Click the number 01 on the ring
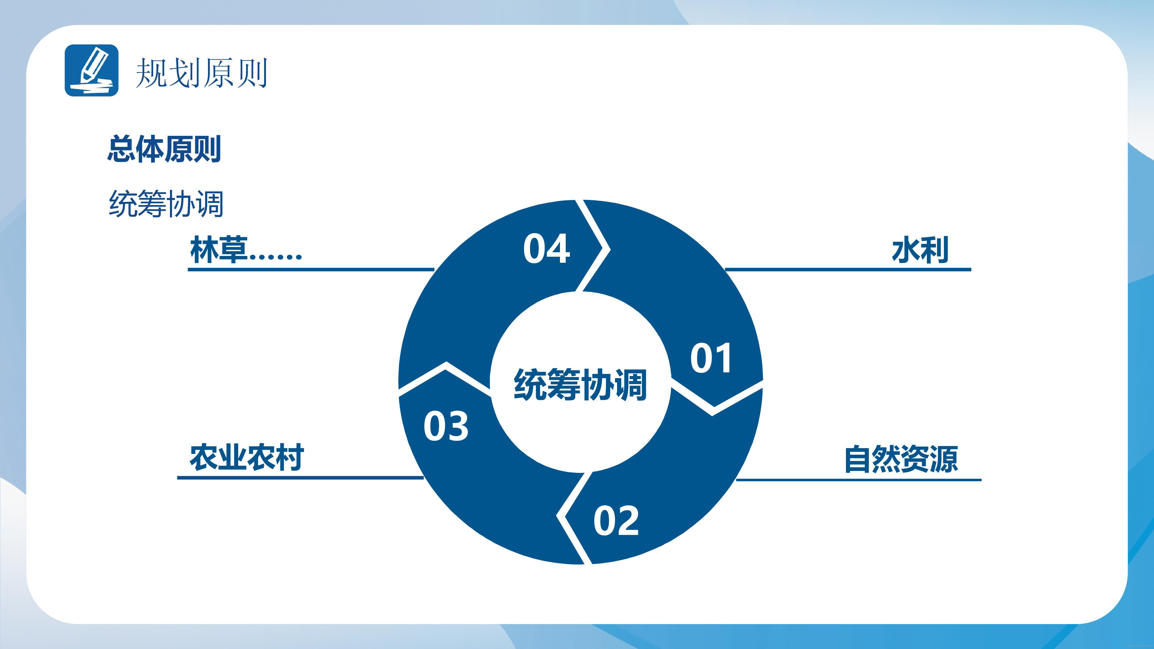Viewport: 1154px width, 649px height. [x=711, y=358]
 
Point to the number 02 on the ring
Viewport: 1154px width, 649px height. [x=616, y=521]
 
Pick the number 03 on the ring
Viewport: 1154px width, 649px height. [x=446, y=426]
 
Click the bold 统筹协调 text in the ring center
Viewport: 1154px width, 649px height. [x=580, y=384]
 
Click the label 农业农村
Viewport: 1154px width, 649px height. [x=247, y=457]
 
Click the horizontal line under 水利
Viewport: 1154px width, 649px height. [x=848, y=270]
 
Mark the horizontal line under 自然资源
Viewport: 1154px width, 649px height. [x=859, y=480]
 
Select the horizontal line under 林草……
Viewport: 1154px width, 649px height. [x=311, y=270]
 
